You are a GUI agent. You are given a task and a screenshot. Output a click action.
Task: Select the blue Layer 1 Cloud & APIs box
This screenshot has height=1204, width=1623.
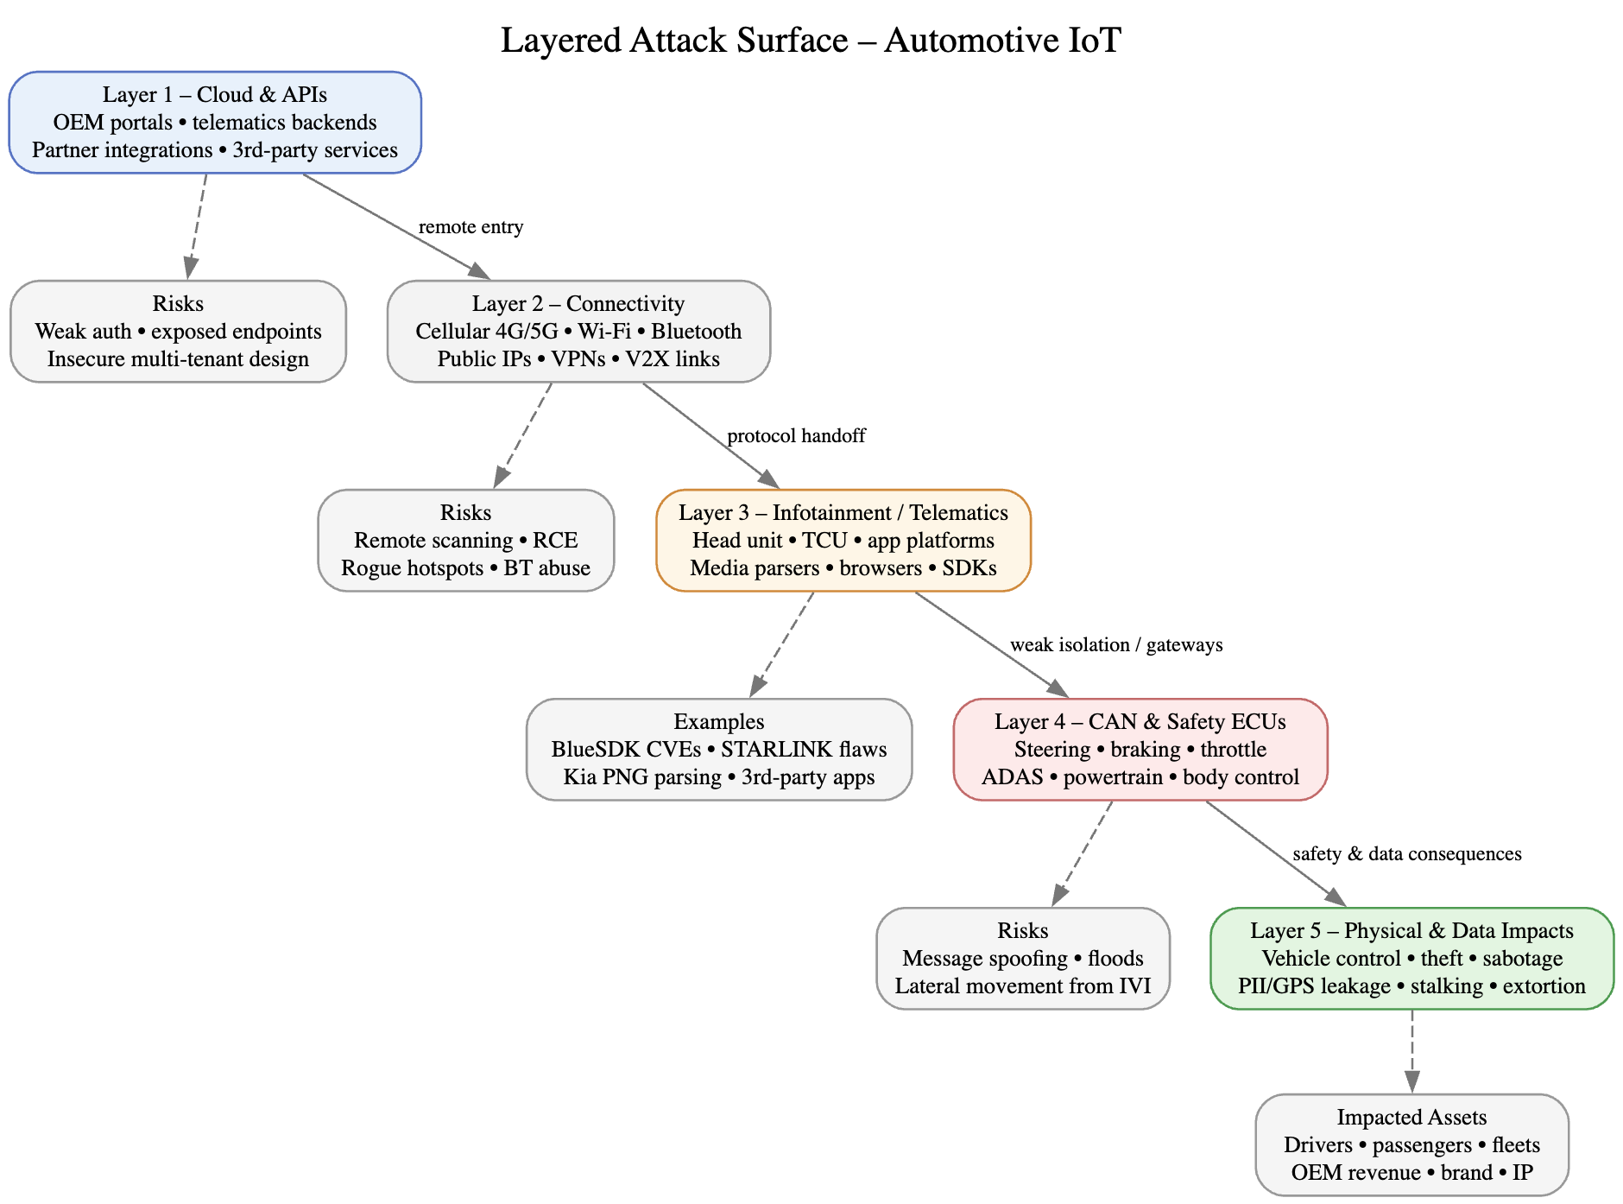(215, 123)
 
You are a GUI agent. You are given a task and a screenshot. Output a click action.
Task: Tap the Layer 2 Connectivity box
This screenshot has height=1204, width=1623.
(578, 331)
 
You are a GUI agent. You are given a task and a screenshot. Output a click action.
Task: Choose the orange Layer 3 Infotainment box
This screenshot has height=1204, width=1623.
(843, 540)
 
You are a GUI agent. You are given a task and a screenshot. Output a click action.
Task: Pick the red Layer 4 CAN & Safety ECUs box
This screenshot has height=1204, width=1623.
(1140, 749)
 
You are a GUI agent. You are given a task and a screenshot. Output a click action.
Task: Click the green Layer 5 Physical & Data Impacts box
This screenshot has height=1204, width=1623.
(1411, 958)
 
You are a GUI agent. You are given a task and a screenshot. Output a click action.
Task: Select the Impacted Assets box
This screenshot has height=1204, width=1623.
(1411, 1144)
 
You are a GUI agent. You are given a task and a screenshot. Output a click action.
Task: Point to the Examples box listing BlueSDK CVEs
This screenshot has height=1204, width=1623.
(719, 749)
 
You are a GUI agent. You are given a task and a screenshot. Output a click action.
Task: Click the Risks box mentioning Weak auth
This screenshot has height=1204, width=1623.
(178, 331)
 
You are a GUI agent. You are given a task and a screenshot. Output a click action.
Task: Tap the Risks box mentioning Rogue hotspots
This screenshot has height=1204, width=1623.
(465, 540)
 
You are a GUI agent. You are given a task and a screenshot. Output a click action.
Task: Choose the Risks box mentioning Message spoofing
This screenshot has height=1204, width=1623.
(1022, 958)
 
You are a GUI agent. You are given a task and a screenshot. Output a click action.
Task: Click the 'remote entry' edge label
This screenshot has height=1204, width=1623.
(470, 227)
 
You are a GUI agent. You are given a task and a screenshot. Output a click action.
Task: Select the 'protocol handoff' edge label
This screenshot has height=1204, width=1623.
(796, 436)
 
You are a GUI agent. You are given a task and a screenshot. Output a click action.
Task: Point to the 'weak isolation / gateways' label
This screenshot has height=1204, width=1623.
(1116, 645)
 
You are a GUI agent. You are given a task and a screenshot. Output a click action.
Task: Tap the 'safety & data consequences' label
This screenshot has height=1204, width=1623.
(1406, 854)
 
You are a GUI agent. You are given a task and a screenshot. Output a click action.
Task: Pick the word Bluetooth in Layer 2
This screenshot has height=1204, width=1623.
(696, 332)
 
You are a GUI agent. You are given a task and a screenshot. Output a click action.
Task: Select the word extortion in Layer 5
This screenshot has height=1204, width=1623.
(1544, 986)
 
